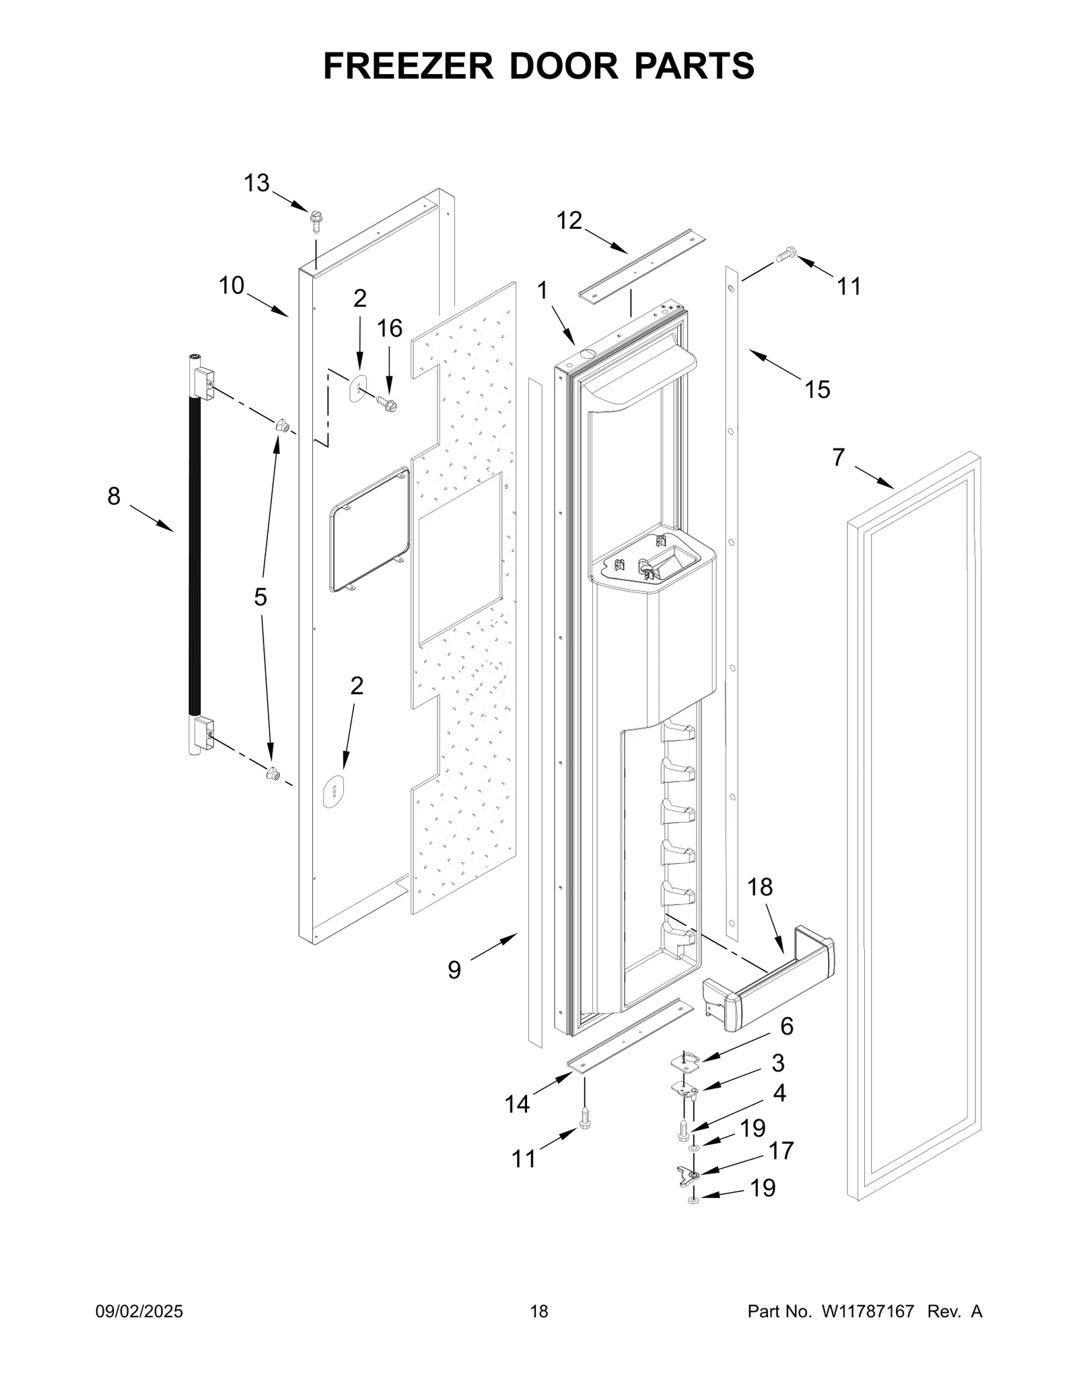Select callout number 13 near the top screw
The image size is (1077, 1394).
coord(256,183)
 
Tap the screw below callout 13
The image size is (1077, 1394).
coord(315,220)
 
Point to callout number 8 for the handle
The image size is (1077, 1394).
coord(114,496)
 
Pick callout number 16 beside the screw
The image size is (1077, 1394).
coord(389,328)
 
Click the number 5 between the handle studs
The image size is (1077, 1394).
coord(260,596)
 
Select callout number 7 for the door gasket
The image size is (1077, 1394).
coord(838,458)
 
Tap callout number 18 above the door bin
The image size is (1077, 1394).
coord(760,887)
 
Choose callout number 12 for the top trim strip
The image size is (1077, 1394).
coord(569,220)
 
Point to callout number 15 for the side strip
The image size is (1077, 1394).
coord(817,389)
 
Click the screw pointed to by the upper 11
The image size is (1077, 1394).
coord(785,254)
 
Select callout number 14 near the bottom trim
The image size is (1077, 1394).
coord(517,1104)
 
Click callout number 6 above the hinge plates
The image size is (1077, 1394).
coord(786,1026)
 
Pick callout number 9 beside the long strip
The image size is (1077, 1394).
coord(454,970)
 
